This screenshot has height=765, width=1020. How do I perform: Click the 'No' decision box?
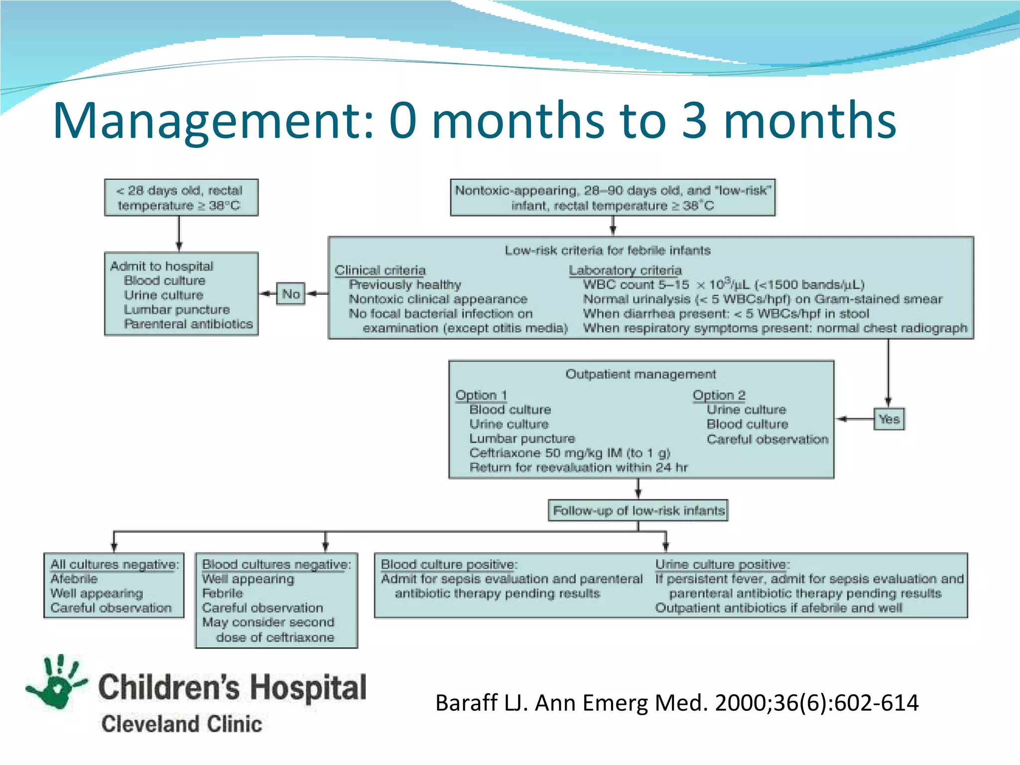(290, 294)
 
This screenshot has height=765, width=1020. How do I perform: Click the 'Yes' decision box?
(889, 419)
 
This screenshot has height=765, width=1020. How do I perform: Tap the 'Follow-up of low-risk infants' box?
(638, 510)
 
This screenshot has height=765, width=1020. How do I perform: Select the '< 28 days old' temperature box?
(181, 198)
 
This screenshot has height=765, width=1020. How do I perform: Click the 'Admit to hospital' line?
(161, 266)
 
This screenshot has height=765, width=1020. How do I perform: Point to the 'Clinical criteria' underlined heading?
(380, 270)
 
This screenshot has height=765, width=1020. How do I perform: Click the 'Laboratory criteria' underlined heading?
(625, 270)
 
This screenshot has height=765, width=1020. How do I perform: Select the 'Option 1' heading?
(481, 395)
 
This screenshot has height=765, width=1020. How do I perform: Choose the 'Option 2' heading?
(719, 395)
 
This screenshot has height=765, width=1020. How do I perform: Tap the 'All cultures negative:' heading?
(115, 564)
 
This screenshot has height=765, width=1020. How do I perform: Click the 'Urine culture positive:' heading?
(722, 564)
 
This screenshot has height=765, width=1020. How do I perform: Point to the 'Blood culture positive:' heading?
(449, 564)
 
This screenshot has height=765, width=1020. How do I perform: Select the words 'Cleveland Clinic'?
(182, 724)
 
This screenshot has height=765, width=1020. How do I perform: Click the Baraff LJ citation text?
(676, 703)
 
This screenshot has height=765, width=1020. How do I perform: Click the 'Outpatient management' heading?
(640, 374)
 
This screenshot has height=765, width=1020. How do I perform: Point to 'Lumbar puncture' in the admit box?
(177, 309)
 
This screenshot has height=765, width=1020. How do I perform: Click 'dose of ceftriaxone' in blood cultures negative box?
(275, 637)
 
